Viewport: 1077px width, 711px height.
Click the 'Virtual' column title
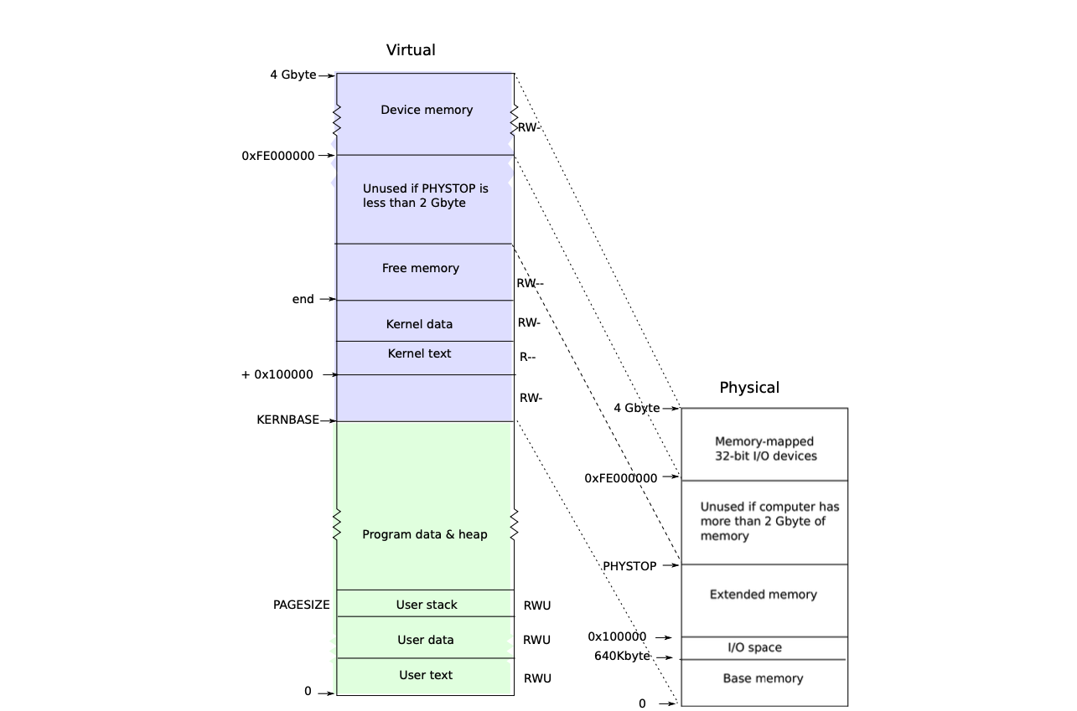411,50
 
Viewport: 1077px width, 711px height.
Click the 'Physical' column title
749,388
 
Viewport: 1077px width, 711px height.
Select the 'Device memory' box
426,110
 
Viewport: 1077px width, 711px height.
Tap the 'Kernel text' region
419,354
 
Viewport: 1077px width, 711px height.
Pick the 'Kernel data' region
419,324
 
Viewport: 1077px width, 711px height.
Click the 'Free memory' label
421,269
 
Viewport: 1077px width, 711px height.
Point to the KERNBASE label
287,420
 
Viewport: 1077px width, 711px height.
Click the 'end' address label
303,300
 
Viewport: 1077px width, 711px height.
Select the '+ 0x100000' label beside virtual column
277,375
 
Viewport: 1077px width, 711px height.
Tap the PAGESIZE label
301,605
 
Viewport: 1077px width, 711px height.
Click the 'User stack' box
426,605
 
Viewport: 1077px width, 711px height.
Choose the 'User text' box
426,675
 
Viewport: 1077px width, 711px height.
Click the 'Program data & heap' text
424,534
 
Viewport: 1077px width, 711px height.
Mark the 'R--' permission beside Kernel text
527,358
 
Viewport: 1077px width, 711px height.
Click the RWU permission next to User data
536,640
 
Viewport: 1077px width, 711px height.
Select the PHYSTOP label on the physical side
629,567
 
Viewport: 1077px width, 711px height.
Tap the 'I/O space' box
754,647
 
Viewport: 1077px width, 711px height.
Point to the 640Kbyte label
622,657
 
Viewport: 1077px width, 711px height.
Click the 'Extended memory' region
763,595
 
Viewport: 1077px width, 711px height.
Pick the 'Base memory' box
763,678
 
